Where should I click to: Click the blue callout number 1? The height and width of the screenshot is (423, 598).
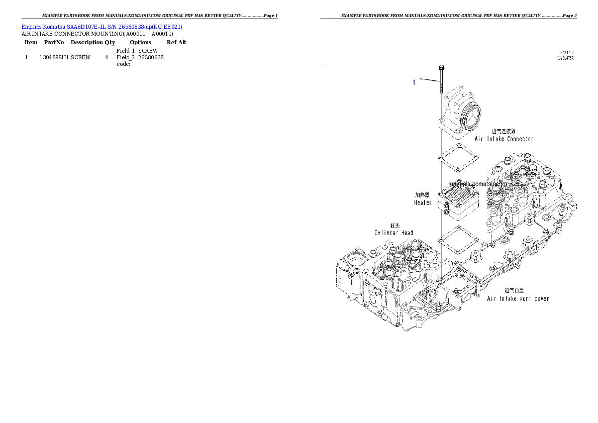414,82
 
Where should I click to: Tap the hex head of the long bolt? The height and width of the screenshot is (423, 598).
441,67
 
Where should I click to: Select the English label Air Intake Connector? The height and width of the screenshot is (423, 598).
504,139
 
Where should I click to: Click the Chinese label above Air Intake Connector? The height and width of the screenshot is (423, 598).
504,131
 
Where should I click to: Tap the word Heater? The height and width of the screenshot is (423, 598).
423,202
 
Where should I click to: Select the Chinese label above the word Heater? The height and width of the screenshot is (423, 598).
422,194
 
